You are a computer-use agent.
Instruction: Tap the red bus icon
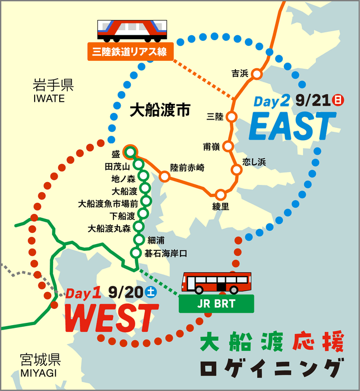pos(217,283)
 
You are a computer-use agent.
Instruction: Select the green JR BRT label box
pos(216,304)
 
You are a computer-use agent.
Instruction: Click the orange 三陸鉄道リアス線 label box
pos(130,53)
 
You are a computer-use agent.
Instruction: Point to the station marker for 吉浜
pos(257,74)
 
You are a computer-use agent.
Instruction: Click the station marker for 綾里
pos(221,194)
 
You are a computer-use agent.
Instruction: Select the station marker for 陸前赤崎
pos(164,177)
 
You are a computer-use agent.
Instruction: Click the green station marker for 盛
pos(131,151)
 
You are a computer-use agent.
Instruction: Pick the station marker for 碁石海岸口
pos(135,253)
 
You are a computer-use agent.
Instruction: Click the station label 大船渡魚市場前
pos(108,203)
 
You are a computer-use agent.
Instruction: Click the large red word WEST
pos(109,318)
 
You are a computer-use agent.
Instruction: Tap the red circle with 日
pos(337,101)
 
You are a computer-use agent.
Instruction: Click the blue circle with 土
pos(150,291)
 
